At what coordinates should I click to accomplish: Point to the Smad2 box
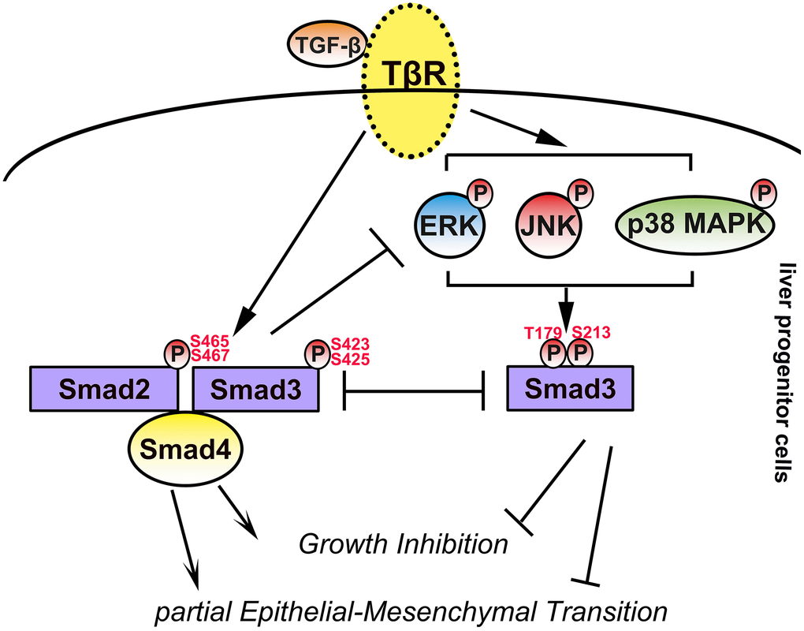103,388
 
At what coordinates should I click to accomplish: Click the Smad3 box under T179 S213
568,388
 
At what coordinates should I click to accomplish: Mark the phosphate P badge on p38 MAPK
761,192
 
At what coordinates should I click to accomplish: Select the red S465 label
210,342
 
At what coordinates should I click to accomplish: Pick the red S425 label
350,360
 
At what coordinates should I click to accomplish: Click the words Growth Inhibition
402,543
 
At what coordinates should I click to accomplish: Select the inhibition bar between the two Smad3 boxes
414,389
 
